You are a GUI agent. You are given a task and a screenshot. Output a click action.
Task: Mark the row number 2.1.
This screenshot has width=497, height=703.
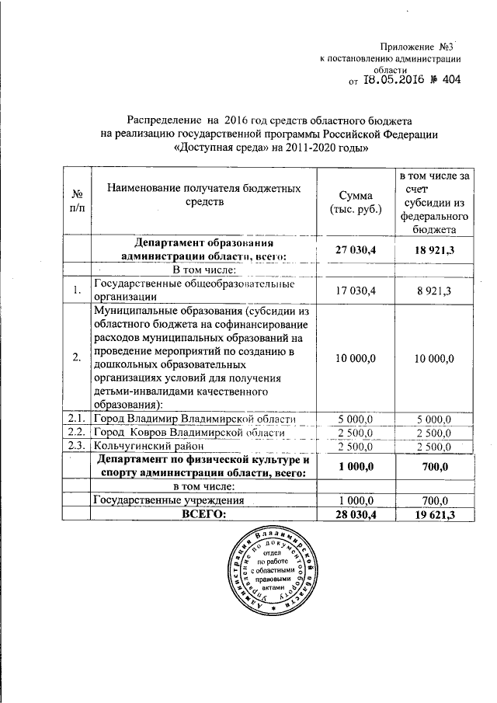77,419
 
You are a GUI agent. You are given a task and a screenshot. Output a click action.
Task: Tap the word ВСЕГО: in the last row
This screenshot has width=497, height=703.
203,513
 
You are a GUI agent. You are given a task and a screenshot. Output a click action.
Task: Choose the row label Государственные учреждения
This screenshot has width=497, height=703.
169,500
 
